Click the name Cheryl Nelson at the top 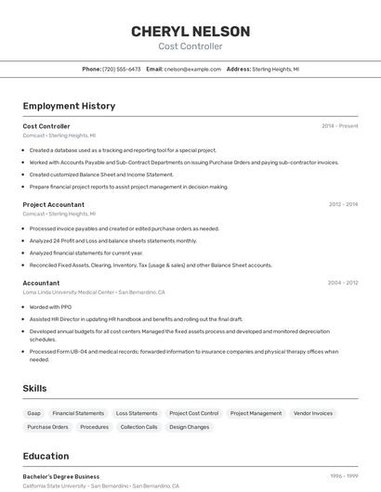[x=190, y=32]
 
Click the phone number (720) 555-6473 [x=122, y=69]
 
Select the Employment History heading [x=69, y=106]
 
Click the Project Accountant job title [x=54, y=204]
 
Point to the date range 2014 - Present [x=339, y=126]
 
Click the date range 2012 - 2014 [x=343, y=204]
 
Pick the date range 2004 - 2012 [x=343, y=282]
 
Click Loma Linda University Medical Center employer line [x=93, y=291]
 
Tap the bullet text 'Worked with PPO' [x=52, y=306]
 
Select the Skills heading [x=35, y=388]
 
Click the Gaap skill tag [x=34, y=413]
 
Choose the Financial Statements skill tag [x=78, y=413]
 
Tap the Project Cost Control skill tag [x=193, y=413]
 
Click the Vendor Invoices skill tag [x=313, y=413]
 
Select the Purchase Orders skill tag [x=47, y=427]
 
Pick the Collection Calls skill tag [x=138, y=427]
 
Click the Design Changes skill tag [x=190, y=427]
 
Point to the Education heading [x=46, y=456]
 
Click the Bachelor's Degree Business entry [x=61, y=476]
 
